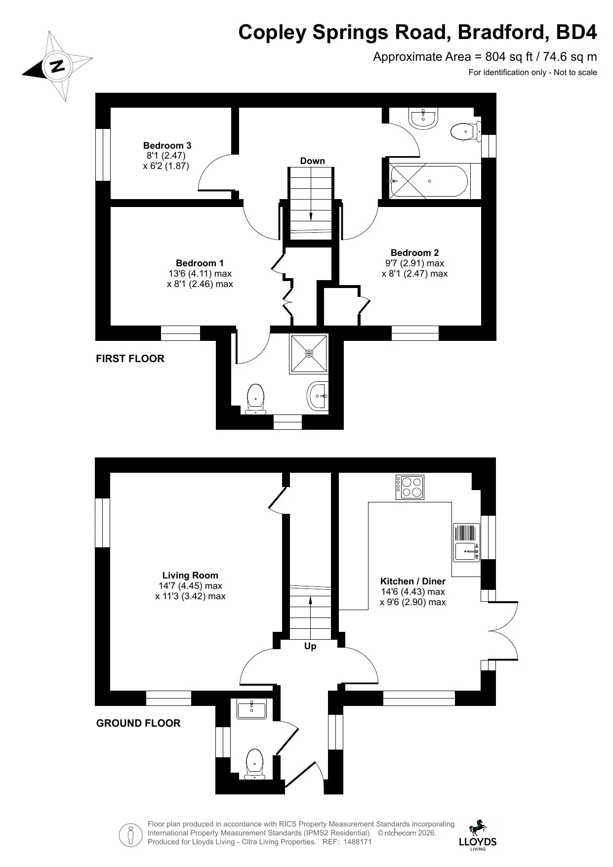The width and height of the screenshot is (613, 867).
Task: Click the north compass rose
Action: point(58,66)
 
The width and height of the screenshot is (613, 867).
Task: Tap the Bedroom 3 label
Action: point(167,145)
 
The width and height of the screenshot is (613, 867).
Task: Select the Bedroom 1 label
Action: point(200,263)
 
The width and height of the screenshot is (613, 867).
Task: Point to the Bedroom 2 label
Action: point(414,252)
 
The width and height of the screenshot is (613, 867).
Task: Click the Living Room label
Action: point(190,575)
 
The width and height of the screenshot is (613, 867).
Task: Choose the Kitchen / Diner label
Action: point(413,581)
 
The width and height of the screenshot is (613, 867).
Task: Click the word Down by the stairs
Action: point(313,161)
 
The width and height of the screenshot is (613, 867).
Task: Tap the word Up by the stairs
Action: point(310,646)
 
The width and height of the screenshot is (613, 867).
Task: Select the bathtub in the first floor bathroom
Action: point(429,181)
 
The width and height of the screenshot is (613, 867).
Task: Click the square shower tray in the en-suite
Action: point(309,354)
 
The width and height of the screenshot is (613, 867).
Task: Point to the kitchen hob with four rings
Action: point(410,487)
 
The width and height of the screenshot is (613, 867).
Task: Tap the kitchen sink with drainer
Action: point(467,542)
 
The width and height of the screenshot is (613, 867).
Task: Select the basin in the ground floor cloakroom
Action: point(251,709)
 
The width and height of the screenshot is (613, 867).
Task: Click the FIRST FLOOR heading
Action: point(130,359)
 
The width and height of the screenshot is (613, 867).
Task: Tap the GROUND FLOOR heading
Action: point(138,723)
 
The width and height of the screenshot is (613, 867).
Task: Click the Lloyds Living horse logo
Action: point(478,835)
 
